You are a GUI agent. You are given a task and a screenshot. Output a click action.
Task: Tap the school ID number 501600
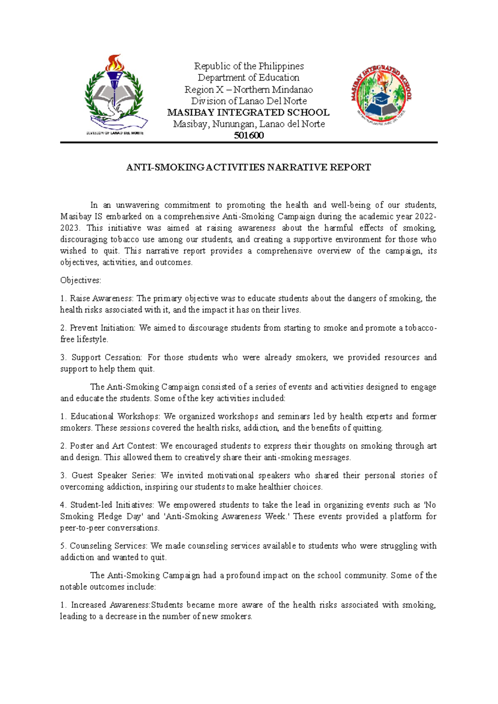pyautogui.click(x=249, y=136)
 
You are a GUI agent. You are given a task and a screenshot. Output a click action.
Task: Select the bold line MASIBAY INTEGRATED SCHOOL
pyautogui.click(x=248, y=112)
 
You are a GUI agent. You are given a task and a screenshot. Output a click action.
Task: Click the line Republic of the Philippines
pyautogui.click(x=249, y=66)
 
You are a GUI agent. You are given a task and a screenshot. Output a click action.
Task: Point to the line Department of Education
pyautogui.click(x=248, y=78)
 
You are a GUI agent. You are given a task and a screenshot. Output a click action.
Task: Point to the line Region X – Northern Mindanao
pyautogui.click(x=249, y=90)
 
